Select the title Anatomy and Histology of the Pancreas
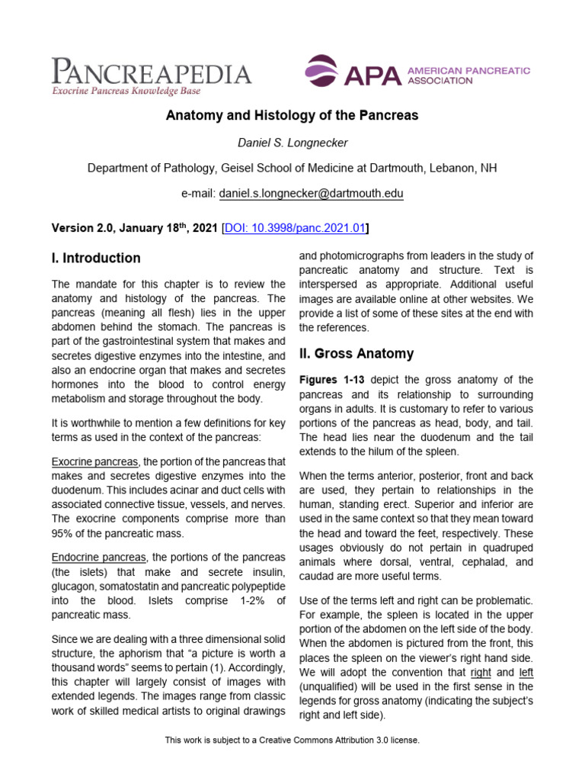292,116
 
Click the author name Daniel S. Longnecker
292,142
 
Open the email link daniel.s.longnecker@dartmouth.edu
311,194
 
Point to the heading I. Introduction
96,258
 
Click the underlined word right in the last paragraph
480,673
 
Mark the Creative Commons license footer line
292,740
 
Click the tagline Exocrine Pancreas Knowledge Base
126,92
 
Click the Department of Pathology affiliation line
292,168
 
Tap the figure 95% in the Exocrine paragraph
65,532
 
